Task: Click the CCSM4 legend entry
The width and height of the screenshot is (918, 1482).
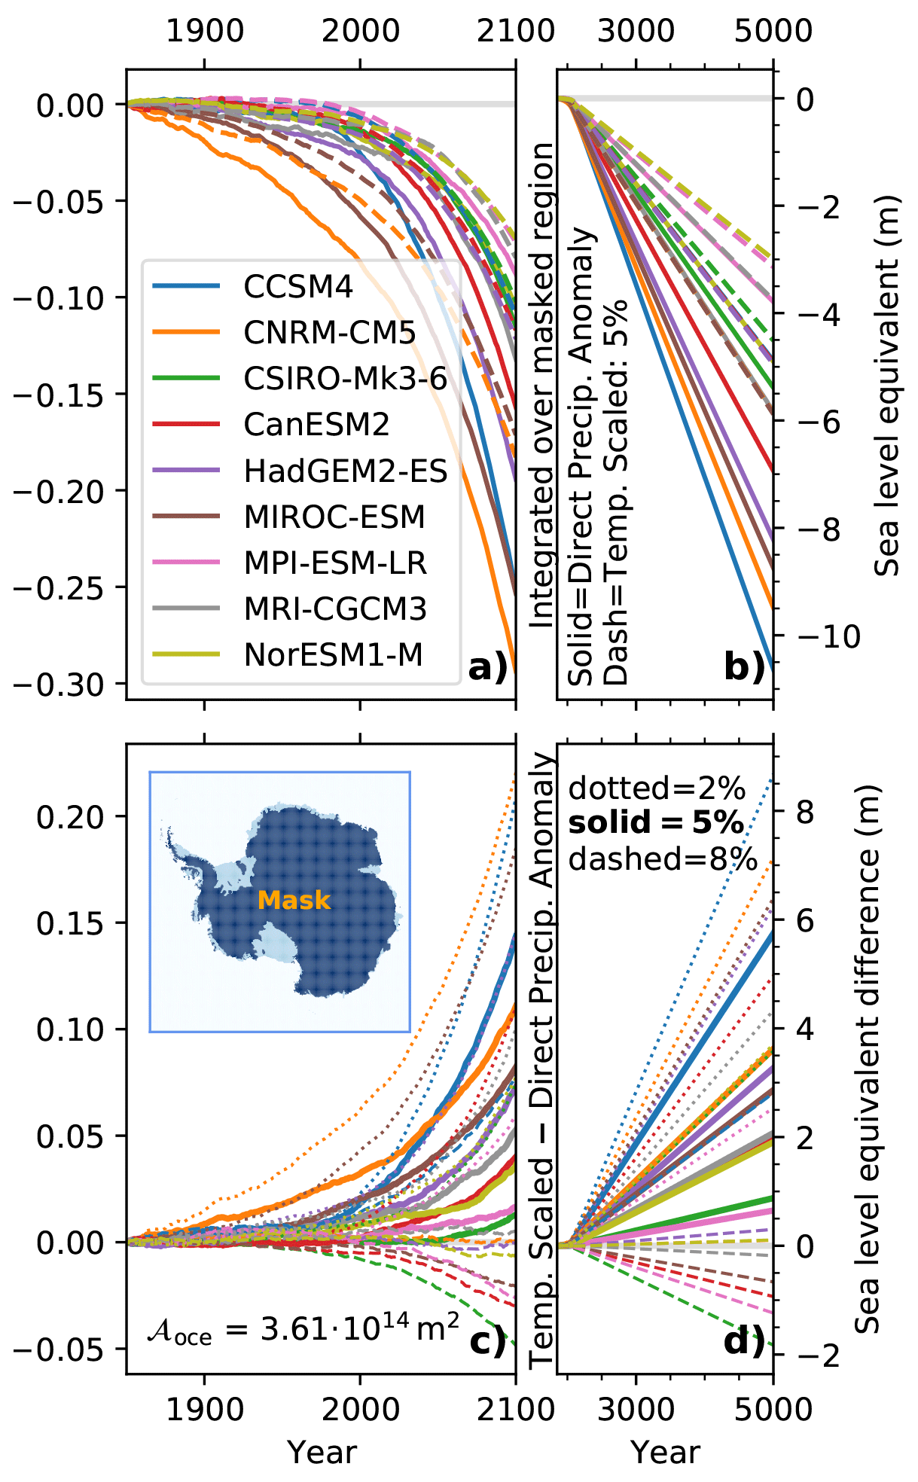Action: [x=297, y=287]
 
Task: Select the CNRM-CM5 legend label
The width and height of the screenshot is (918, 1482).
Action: [x=329, y=333]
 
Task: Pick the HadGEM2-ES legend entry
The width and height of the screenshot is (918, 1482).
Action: [x=346, y=471]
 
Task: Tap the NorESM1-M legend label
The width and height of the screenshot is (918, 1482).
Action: [x=333, y=655]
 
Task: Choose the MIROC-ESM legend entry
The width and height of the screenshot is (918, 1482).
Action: [x=334, y=517]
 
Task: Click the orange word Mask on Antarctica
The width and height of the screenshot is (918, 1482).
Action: [x=294, y=900]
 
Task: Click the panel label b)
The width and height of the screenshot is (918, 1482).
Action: [x=744, y=667]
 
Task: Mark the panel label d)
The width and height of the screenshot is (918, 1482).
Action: [x=744, y=1341]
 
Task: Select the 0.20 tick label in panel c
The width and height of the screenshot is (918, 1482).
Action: [x=71, y=816]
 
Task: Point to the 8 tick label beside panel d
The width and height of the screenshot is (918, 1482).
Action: [x=805, y=812]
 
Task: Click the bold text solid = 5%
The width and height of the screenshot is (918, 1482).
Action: [x=656, y=823]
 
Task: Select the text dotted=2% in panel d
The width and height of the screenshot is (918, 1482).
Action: [x=657, y=788]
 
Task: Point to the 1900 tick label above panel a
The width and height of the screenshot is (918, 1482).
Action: [x=205, y=31]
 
